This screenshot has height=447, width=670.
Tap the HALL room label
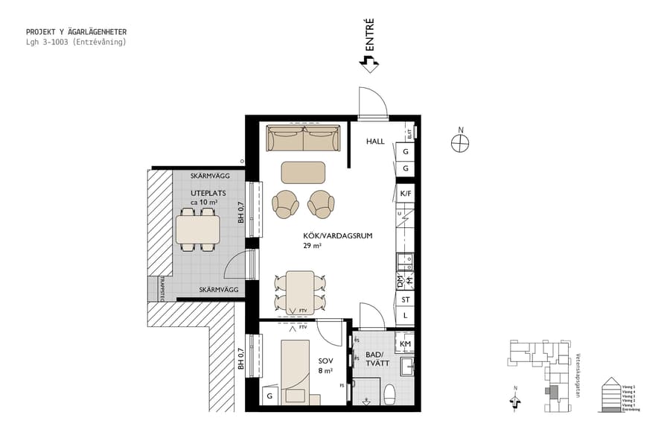pyautogui.click(x=375, y=142)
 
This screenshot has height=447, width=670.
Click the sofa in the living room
pyautogui.click(x=303, y=139)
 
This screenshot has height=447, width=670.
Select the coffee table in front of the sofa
pyautogui.click(x=303, y=172)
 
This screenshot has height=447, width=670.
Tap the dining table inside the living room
pyautogui.click(x=300, y=291)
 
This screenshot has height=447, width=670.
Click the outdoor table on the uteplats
pyautogui.click(x=198, y=230)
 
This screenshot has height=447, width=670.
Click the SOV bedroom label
pyautogui.click(x=326, y=361)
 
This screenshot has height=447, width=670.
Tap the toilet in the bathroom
pyautogui.click(x=388, y=393)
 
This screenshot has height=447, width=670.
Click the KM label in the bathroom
pyautogui.click(x=406, y=344)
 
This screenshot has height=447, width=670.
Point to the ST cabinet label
pyautogui.click(x=406, y=299)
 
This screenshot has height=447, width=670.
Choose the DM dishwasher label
pyautogui.click(x=400, y=282)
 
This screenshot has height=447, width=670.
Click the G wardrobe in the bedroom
pyautogui.click(x=269, y=396)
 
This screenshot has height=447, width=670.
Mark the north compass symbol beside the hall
pyautogui.click(x=461, y=142)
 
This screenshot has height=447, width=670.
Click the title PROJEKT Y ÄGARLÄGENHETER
pyautogui.click(x=76, y=32)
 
